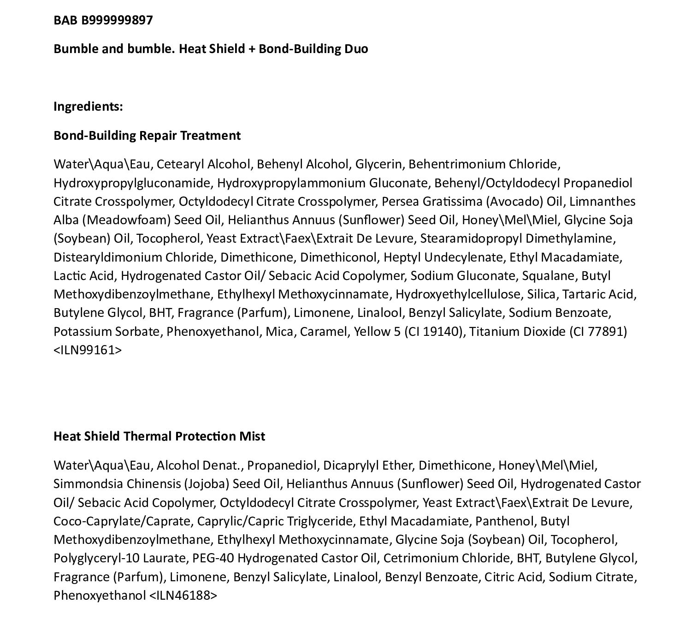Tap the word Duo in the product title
pyautogui.click(x=356, y=49)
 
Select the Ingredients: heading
pyautogui.click(x=88, y=107)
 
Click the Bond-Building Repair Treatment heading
pyautogui.click(x=147, y=136)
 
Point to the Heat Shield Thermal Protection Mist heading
pyautogui.click(x=159, y=436)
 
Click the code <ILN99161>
pyautogui.click(x=88, y=350)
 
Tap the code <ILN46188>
pyautogui.click(x=183, y=596)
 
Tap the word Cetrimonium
pyautogui.click(x=417, y=559)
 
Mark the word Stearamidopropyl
pyautogui.click(x=471, y=238)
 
